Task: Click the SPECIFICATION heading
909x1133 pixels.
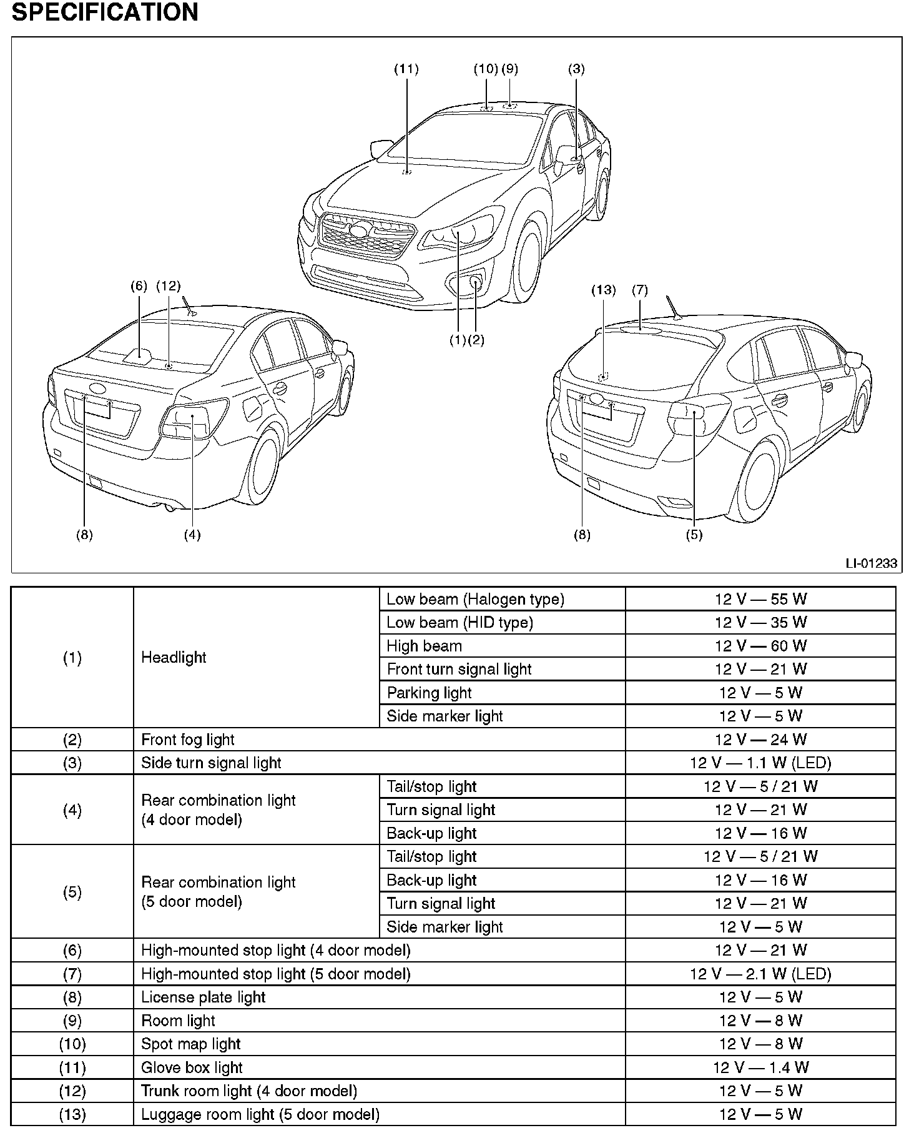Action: click(x=105, y=12)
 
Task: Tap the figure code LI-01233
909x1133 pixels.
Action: click(x=871, y=563)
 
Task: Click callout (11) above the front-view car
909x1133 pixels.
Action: click(x=406, y=69)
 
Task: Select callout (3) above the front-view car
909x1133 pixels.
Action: click(x=576, y=69)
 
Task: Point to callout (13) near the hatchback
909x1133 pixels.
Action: click(x=603, y=290)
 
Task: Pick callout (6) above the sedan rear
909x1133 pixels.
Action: click(x=139, y=286)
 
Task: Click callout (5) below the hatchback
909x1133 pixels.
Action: click(x=694, y=535)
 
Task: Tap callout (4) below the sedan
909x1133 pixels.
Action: click(x=192, y=535)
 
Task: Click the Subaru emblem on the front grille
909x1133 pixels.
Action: click(x=358, y=229)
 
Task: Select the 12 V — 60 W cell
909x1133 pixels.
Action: click(x=760, y=646)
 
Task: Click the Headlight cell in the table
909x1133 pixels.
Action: click(x=174, y=657)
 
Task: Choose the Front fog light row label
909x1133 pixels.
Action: click(x=187, y=740)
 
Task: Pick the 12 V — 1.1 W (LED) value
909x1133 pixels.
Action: click(x=760, y=763)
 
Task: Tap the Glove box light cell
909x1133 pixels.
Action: click(x=192, y=1067)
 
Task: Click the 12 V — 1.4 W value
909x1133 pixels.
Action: click(x=760, y=1067)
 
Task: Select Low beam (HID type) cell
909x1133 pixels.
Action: click(x=459, y=622)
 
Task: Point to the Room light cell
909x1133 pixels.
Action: click(x=178, y=1021)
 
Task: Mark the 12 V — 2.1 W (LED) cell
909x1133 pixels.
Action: click(x=760, y=974)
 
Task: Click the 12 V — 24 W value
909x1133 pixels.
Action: click(x=760, y=740)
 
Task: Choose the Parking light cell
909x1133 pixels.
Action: click(x=429, y=693)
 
